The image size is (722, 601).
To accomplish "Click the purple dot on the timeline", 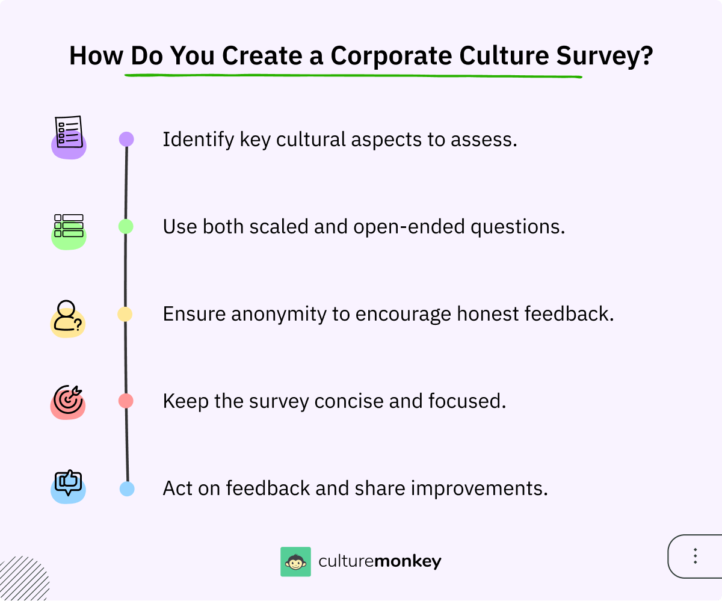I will coord(126,140).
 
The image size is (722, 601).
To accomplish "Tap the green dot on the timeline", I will coord(126,226).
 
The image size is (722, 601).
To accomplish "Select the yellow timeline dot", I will coord(125,314).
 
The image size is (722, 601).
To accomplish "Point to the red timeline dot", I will coord(126,401).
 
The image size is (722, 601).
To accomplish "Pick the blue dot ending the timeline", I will coord(127,489).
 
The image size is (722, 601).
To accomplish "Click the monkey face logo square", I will coord(295,562).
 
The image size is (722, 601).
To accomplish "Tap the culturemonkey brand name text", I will coord(380,562).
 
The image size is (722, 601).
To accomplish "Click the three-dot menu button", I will coord(695,556).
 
